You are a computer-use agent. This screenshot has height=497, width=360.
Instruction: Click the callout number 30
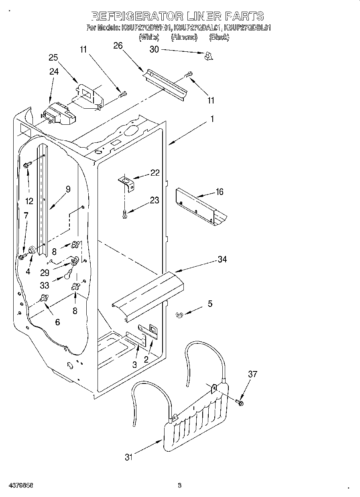point(154,49)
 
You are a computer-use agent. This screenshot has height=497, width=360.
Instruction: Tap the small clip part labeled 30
point(207,57)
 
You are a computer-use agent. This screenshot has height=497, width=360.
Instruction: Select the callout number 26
point(118,46)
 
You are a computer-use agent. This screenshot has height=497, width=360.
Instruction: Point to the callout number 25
point(53,57)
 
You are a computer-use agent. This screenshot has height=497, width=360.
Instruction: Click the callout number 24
point(54,72)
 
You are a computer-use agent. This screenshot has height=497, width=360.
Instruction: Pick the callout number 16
point(219,192)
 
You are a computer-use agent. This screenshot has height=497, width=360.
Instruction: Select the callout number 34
point(222,260)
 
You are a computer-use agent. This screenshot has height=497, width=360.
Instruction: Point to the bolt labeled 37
point(240,402)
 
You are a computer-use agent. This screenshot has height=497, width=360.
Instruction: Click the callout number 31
point(128,457)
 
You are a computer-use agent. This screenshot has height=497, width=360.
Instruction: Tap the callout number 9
point(68,189)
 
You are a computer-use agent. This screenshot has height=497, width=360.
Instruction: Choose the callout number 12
point(29,201)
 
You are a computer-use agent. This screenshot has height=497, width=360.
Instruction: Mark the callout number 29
point(45,272)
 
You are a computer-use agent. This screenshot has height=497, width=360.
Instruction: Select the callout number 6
point(57,322)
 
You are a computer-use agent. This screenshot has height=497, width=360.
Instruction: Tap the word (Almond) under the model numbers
point(184,37)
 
